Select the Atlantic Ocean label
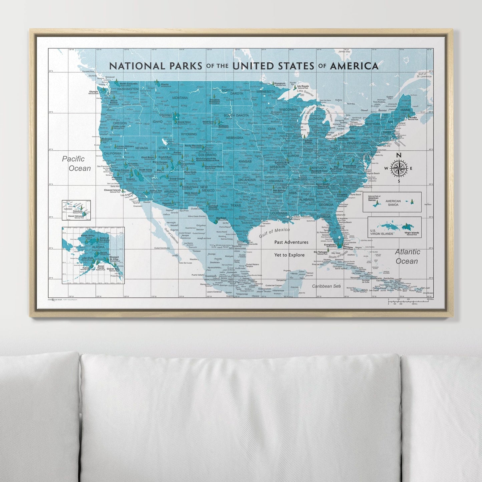pos(407,256)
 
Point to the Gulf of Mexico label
pos(274,232)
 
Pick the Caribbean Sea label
pos(326,286)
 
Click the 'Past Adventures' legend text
pos(291,242)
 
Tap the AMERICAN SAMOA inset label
pos(393,203)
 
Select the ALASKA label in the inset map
pos(89,247)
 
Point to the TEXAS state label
pos(235,205)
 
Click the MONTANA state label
pos(180,98)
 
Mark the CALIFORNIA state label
pos(113,153)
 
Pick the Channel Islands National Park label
pos(112,191)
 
